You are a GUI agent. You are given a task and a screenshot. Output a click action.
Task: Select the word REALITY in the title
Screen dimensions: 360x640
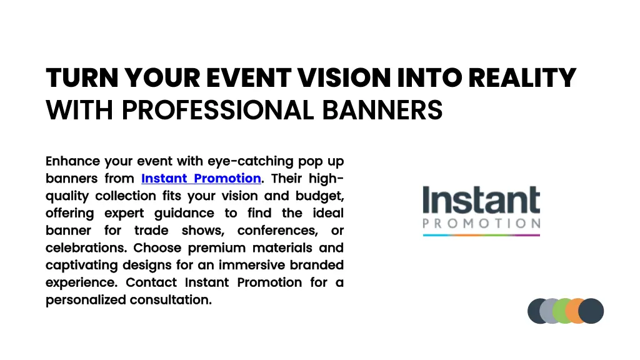(x=522, y=78)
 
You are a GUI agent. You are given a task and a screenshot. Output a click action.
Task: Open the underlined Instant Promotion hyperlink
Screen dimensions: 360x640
(x=201, y=178)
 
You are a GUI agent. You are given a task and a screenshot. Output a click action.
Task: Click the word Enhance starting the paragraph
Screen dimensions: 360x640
(x=72, y=161)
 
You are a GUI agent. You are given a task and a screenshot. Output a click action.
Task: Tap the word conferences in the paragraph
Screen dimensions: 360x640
(x=277, y=230)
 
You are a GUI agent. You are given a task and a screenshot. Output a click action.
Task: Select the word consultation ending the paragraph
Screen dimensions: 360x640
(x=171, y=300)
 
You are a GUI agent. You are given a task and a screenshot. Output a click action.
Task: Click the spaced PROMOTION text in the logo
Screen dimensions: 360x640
(x=481, y=223)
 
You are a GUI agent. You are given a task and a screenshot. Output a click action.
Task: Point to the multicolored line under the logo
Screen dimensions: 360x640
(x=481, y=235)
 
